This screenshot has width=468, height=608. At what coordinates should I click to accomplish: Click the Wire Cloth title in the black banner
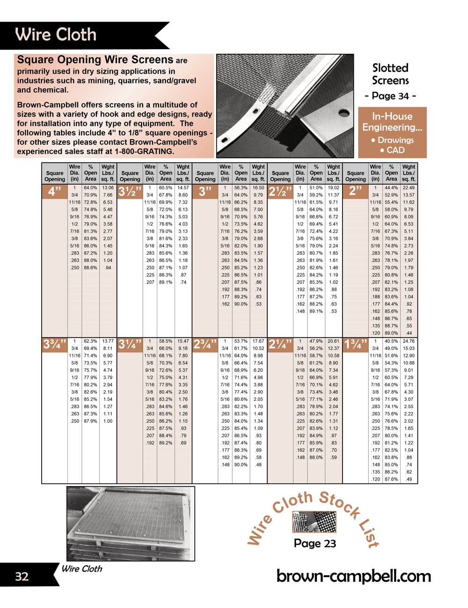56,35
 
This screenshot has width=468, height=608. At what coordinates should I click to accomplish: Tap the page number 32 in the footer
22,576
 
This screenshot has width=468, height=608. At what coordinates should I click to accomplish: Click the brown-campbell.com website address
354,576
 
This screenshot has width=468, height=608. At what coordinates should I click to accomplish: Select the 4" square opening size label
55,191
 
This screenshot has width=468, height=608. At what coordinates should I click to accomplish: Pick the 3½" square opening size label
130,191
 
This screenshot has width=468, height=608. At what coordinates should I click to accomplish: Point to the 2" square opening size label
356,191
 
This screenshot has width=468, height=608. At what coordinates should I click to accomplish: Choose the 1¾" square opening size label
356,344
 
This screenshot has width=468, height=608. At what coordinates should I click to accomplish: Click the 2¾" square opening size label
205,344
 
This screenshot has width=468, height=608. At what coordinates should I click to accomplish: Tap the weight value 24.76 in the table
409,341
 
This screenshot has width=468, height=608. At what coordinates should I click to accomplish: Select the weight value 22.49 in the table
409,188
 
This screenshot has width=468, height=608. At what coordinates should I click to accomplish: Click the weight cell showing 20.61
333,341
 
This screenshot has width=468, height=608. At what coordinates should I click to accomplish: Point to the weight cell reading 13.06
108,188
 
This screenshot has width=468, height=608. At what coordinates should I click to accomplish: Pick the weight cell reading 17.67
258,341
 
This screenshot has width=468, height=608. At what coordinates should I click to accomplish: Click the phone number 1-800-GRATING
145,151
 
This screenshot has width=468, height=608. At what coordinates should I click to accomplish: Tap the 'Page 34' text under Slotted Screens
390,96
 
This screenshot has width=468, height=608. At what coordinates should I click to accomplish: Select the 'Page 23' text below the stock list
315,543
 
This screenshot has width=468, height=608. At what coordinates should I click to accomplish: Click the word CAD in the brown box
395,150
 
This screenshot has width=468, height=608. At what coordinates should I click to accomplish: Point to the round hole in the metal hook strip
344,113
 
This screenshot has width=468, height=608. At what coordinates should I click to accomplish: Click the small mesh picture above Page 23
314,522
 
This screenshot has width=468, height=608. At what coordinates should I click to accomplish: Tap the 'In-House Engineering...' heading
392,122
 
